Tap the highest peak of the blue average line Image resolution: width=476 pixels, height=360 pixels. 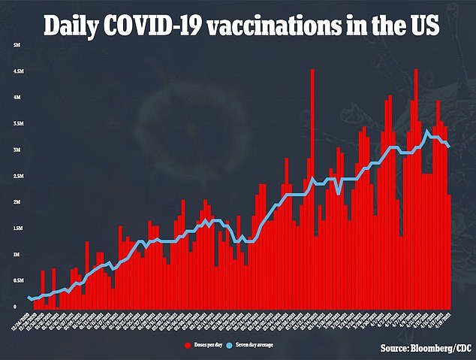427,131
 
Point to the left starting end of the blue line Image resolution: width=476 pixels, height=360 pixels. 29,298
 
